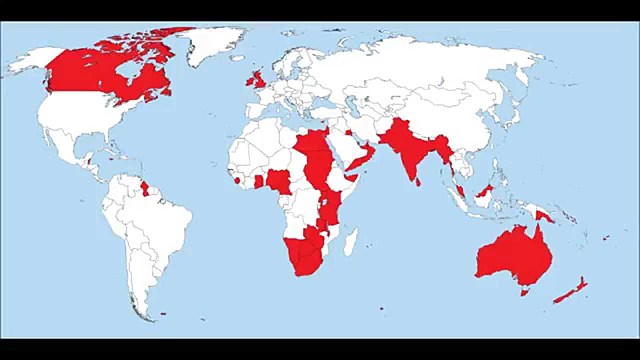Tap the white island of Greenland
[215, 45]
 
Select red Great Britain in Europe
[258, 79]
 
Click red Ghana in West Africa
[259, 182]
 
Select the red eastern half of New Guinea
[545, 214]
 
